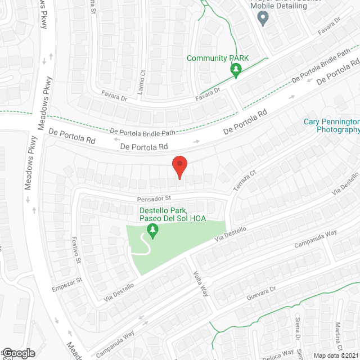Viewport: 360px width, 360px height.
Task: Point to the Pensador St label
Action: pos(153,199)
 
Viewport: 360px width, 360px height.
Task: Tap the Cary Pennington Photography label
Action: pos(331,125)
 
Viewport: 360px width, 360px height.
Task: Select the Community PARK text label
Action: pos(218,58)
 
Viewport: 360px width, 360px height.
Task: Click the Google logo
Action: pos(19,353)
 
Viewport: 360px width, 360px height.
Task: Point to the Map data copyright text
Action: pos(336,355)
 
